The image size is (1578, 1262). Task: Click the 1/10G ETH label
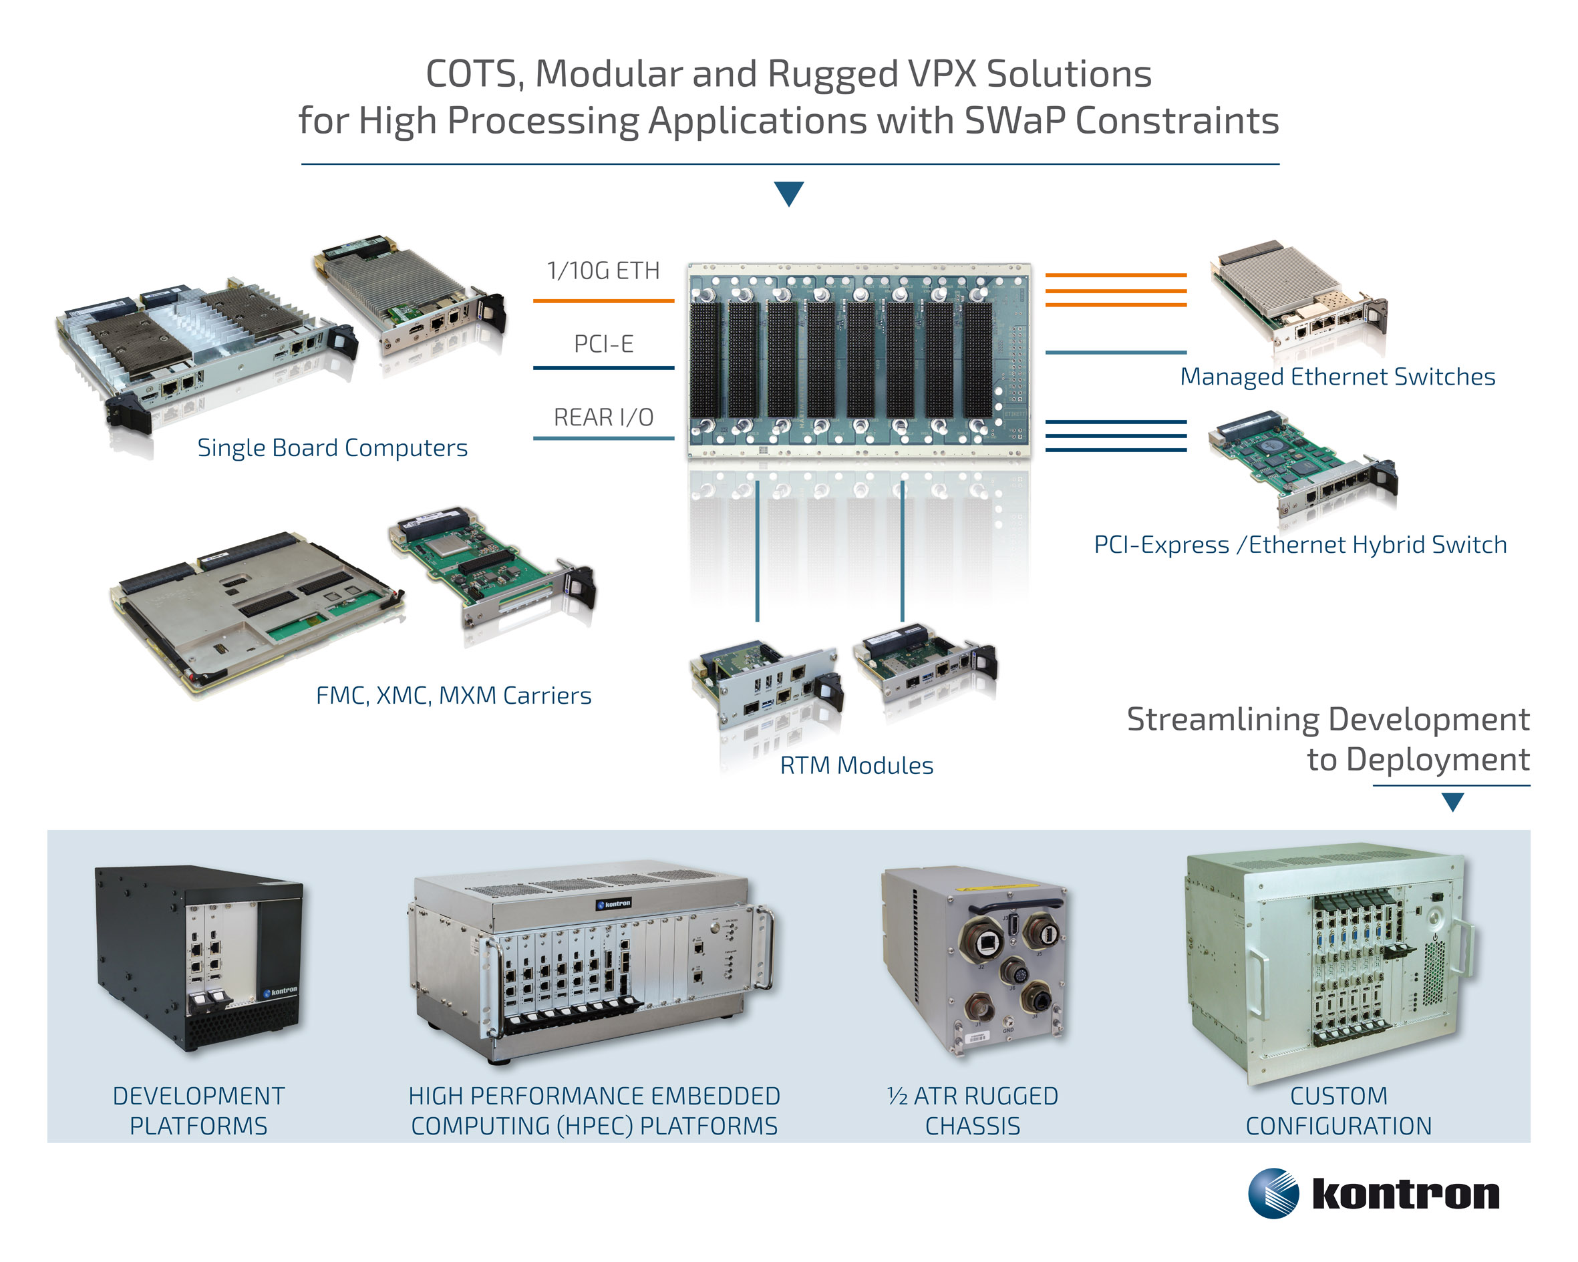pos(603,270)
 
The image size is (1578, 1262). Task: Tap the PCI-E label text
pos(603,344)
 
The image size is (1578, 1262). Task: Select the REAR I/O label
pos(603,417)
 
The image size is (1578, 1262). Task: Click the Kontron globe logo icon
pos(1273,1193)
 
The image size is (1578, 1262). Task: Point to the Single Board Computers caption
pos(332,448)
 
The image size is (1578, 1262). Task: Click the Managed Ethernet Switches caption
pos(1337,377)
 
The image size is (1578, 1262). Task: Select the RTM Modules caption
pos(856,765)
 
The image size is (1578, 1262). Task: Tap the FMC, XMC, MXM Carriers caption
pos(453,695)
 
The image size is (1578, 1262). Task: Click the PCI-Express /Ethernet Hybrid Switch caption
pos(1300,545)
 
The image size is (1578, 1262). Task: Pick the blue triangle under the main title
pos(789,192)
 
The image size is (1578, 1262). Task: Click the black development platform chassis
pos(198,958)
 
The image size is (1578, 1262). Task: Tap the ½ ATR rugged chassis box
pos(973,962)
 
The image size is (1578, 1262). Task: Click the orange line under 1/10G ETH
pos(603,300)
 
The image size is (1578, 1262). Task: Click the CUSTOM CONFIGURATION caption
pos(1338,1111)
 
